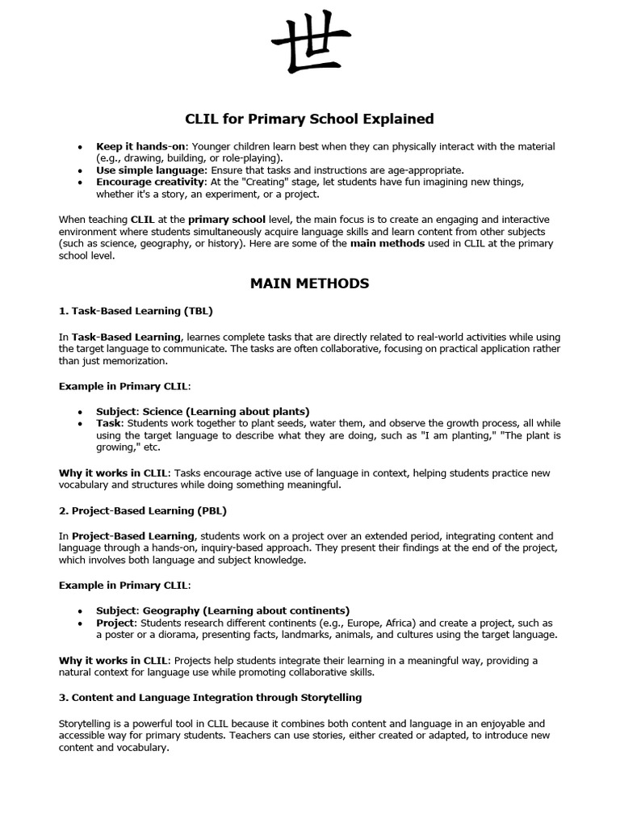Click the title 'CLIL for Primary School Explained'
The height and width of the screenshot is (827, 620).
coord(310,119)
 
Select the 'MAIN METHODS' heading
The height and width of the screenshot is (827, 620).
coord(310,283)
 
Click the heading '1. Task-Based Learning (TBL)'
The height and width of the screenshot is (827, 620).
coord(136,310)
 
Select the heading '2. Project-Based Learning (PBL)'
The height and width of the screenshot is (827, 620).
coord(142,510)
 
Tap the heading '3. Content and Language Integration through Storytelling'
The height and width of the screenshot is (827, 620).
coord(210,697)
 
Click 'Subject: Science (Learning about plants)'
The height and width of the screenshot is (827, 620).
coord(203,411)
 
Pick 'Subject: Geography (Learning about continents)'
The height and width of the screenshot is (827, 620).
coord(223,611)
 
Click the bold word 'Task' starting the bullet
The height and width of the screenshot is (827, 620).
coord(109,423)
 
